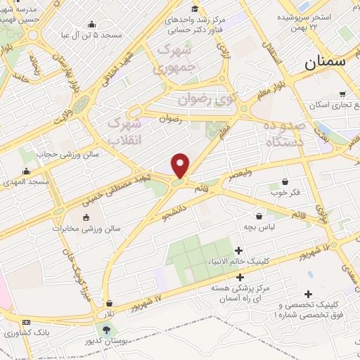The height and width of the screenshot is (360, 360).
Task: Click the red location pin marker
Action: coord(181,165)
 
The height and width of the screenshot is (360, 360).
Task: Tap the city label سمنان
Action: coord(326,63)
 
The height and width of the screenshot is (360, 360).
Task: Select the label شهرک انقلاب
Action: coord(126,131)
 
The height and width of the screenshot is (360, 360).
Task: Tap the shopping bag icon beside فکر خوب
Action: coord(285,180)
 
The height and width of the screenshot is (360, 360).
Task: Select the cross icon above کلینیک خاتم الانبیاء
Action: coord(239,250)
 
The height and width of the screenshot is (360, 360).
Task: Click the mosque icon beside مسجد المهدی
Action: coord(27,171)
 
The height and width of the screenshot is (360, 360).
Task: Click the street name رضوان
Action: coord(172,119)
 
